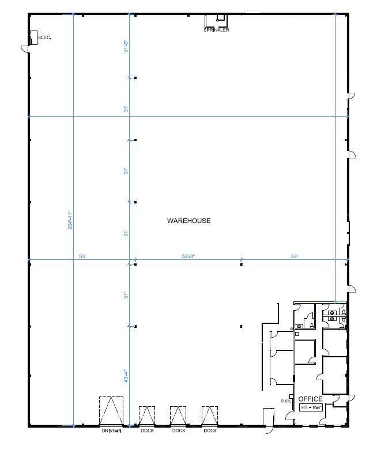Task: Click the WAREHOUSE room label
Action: (x=188, y=221)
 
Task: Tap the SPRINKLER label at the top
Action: (x=216, y=30)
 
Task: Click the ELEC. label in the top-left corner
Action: (x=44, y=38)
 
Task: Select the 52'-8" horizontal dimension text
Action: (x=188, y=256)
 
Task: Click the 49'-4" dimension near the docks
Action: (x=126, y=376)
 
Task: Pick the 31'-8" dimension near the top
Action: (x=126, y=46)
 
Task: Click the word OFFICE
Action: (x=310, y=399)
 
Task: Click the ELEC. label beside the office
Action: (x=285, y=401)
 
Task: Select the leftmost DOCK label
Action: (x=147, y=431)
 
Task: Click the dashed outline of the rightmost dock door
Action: (x=210, y=416)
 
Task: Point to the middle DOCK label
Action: (x=178, y=431)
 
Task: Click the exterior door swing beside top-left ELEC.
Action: (x=25, y=50)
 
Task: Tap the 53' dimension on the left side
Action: (x=82, y=256)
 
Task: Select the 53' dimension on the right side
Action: (x=294, y=256)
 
